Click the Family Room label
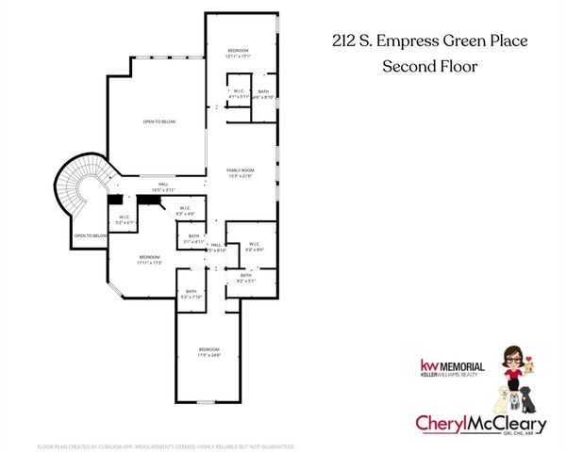(241, 172)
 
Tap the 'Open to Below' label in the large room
(158, 122)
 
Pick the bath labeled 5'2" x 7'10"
(191, 295)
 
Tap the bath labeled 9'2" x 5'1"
(246, 277)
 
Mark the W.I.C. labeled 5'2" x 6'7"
(125, 219)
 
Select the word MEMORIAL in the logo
(464, 365)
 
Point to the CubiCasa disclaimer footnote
(165, 445)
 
